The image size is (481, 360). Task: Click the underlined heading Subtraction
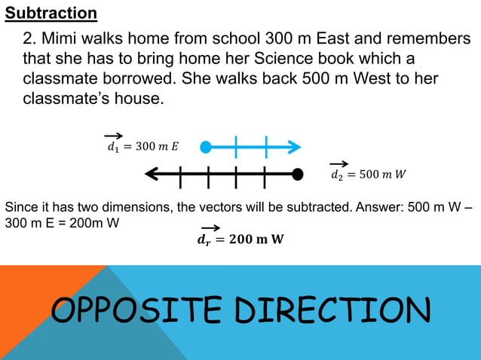coord(51,14)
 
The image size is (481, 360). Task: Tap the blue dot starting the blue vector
coord(206,146)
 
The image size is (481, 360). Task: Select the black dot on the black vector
coord(298,175)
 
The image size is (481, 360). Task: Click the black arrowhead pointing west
coord(152,175)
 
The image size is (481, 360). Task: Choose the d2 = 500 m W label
coord(368,173)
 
